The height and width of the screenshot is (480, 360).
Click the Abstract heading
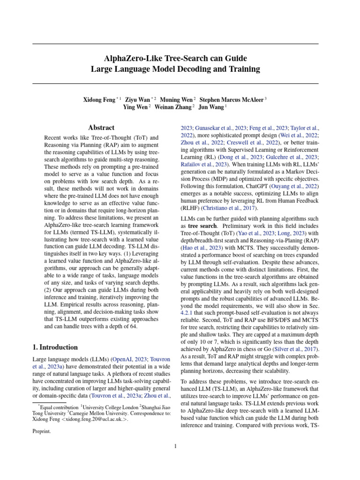tap(101, 127)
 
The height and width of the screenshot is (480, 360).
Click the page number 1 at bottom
tap(175, 446)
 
